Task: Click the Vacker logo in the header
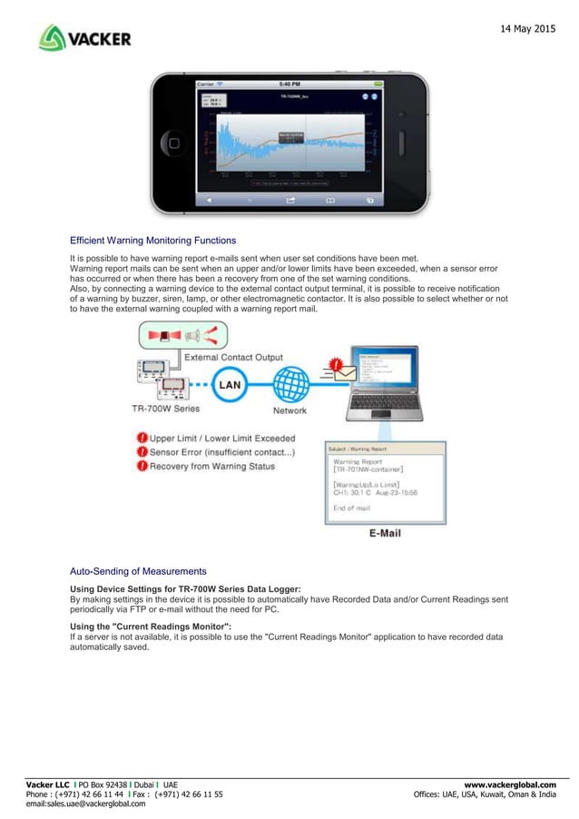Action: click(85, 38)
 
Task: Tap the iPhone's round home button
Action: click(172, 143)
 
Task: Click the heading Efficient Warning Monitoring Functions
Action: click(152, 241)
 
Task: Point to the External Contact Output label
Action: click(233, 358)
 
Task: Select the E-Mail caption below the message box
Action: click(385, 533)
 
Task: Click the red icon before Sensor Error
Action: click(142, 451)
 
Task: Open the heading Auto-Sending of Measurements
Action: click(138, 571)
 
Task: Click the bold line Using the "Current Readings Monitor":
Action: click(151, 627)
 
